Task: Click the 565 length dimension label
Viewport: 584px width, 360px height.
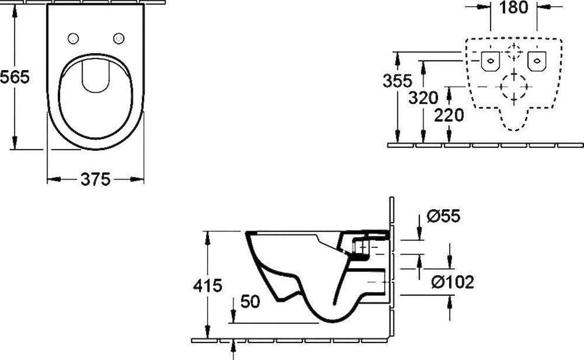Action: [x=14, y=77]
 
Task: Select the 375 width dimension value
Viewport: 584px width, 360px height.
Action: [x=95, y=180]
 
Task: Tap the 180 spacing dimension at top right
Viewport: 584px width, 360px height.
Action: [x=514, y=7]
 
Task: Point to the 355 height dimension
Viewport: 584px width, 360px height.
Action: [x=397, y=81]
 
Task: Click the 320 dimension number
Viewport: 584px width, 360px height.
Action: [x=423, y=98]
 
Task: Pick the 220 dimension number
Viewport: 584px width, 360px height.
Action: [x=449, y=115]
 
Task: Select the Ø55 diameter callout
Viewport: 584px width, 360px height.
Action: [x=444, y=216]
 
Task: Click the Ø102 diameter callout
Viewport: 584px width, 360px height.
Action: [x=453, y=282]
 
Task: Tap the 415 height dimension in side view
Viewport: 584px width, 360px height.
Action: [x=207, y=285]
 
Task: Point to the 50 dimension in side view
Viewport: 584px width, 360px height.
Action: [x=250, y=301]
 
